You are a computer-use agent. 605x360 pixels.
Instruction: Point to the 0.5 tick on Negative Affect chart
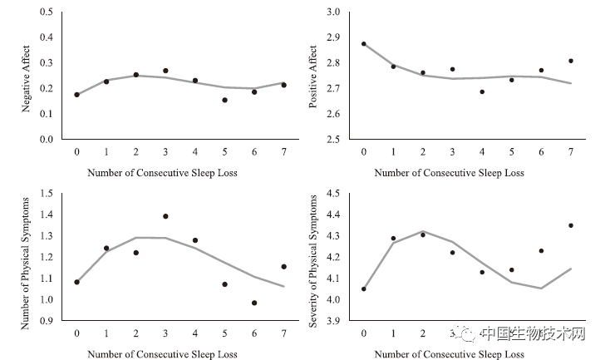pos(47,12)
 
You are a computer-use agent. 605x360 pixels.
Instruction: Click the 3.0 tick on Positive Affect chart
pos(332,12)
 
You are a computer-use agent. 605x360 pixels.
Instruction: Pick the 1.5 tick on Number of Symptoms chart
pos(47,194)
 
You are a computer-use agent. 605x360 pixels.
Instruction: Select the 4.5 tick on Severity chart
pos(332,194)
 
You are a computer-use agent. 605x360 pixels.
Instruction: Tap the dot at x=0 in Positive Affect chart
pos(363,44)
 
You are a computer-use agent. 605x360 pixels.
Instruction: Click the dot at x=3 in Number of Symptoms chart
pos(165,216)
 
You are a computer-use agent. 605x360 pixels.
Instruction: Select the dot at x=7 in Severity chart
pos(570,225)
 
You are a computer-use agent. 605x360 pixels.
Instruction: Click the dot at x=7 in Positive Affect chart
pos(570,61)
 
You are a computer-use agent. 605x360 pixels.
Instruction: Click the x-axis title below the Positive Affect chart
pos(449,173)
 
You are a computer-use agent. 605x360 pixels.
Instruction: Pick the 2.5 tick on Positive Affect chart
pos(332,139)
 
